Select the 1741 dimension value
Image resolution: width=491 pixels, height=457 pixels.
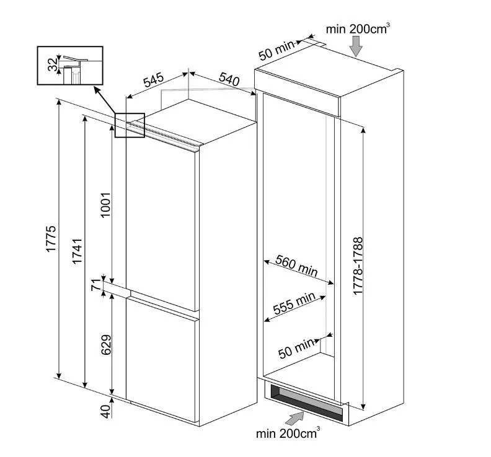pyautogui.click(x=77, y=251)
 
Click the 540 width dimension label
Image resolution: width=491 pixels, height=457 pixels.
pyautogui.click(x=229, y=79)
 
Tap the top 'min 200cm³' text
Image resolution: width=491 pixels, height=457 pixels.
pyautogui.click(x=358, y=28)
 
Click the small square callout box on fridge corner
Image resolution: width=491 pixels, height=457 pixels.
pyautogui.click(x=130, y=125)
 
